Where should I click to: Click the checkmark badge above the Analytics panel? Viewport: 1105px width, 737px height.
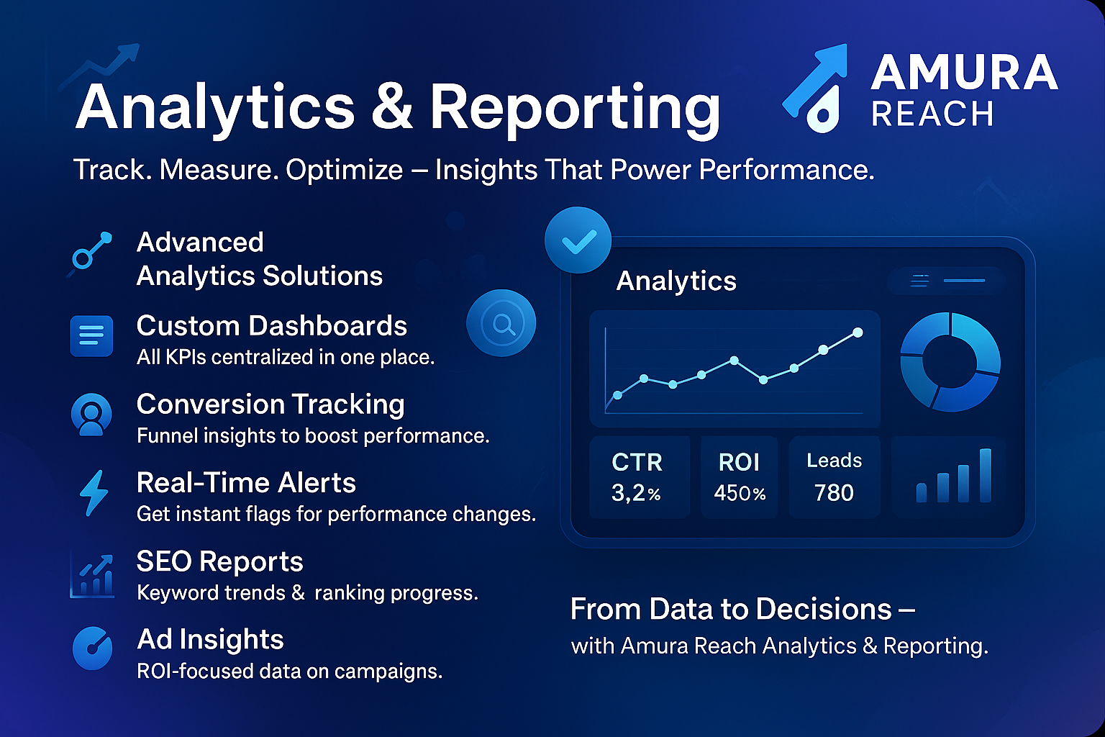click(x=578, y=240)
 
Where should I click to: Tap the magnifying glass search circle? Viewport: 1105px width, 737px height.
click(x=501, y=323)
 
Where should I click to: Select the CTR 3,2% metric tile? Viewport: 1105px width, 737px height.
click(x=640, y=477)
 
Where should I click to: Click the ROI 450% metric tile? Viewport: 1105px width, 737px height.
click(x=739, y=477)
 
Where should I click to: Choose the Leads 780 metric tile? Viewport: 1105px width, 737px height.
click(x=835, y=477)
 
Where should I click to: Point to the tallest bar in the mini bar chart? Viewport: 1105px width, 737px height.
click(x=985, y=475)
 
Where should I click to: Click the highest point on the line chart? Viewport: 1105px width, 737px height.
click(x=858, y=333)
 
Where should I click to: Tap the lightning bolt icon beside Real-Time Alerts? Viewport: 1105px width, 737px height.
click(x=94, y=492)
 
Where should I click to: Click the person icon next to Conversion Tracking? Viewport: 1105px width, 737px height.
click(x=91, y=414)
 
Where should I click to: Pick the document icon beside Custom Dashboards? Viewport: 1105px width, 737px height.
click(x=91, y=335)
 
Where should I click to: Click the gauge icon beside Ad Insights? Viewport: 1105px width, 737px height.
click(x=92, y=648)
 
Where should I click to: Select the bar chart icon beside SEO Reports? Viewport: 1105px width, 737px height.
click(x=92, y=576)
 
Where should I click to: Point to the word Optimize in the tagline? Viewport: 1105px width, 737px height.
click(x=345, y=171)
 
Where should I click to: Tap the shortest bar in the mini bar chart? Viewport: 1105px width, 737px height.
click(x=922, y=492)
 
